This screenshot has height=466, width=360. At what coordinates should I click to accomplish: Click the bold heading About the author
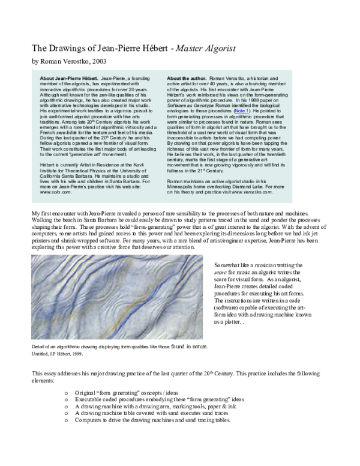click(187, 79)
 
